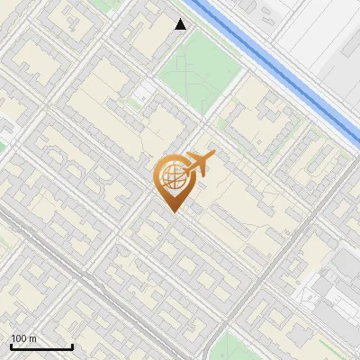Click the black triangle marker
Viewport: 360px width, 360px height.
(181, 24)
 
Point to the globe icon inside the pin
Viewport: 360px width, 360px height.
(171, 177)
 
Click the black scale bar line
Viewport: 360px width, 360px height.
(40, 346)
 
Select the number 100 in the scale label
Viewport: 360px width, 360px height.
(19, 338)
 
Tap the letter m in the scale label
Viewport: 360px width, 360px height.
(32, 338)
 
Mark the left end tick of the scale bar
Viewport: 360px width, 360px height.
(10, 346)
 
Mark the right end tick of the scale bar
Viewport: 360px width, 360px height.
(72, 346)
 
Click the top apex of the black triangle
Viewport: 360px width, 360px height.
(181, 19)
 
